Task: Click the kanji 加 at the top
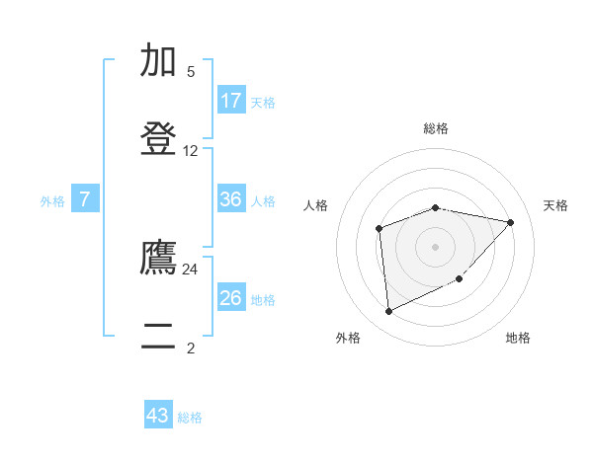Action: [159, 60]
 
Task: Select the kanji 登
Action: [159, 139]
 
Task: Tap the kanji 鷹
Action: [159, 258]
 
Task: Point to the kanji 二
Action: [159, 337]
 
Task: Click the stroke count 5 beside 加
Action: [191, 72]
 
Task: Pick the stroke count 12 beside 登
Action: [191, 151]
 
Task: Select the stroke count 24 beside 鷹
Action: [191, 269]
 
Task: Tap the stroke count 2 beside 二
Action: [191, 348]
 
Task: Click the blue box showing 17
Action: [231, 101]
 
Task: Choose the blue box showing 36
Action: [231, 199]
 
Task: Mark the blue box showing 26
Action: [231, 298]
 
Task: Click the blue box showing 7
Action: [85, 199]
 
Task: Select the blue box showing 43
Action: [158, 416]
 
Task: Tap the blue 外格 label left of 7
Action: [52, 200]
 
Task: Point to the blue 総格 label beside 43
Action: [190, 418]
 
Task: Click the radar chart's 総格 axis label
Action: [436, 128]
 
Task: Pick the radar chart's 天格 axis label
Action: [555, 205]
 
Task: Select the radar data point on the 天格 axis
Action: [511, 222]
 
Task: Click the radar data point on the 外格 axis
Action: [388, 312]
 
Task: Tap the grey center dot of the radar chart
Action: [436, 247]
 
